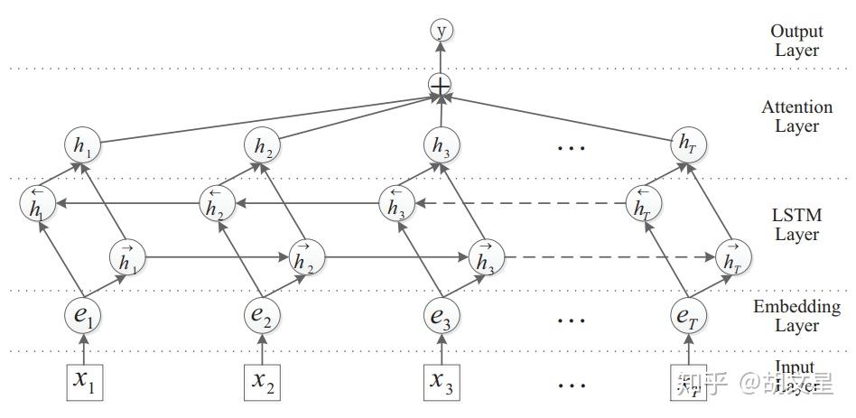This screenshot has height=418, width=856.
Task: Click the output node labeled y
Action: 442,31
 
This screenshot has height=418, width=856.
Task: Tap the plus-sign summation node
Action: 441,86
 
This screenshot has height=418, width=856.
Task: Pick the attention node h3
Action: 441,144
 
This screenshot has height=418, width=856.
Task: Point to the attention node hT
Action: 686,144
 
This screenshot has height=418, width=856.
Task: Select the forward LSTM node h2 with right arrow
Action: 304,258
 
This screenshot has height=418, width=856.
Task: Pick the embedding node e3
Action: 441,316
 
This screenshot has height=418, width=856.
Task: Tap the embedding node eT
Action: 686,316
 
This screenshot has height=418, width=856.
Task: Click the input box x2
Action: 262,381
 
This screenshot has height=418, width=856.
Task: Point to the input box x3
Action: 442,381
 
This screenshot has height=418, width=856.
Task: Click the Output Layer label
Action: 796,41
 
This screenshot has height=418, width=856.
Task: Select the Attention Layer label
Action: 796,116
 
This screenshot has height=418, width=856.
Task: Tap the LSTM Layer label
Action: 796,225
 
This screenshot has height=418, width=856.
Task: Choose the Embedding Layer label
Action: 796,316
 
